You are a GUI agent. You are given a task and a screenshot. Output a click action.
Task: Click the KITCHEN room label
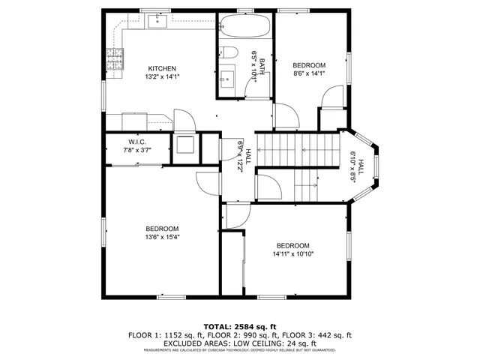pyautogui.click(x=161, y=68)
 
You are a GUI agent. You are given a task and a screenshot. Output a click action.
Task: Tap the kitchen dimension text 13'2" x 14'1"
pyautogui.click(x=161, y=76)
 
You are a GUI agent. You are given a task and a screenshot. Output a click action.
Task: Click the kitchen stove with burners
pyautogui.click(x=115, y=58)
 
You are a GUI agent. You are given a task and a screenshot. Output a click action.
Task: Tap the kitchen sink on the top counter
pyautogui.click(x=157, y=20)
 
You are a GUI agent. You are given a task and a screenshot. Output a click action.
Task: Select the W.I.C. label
pyautogui.click(x=136, y=142)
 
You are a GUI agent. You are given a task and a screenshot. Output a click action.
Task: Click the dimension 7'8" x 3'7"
pyautogui.click(x=136, y=150)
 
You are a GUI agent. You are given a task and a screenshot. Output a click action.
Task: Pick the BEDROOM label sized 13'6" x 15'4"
pyautogui.click(x=162, y=229)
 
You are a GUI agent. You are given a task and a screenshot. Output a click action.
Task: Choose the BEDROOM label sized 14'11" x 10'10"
pyautogui.click(x=292, y=245)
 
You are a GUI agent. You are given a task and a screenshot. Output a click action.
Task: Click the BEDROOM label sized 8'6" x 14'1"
pyautogui.click(x=309, y=65)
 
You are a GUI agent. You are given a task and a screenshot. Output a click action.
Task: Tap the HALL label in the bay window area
pyautogui.click(x=361, y=166)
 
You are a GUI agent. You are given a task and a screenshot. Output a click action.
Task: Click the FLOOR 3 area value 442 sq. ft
pyautogui.click(x=333, y=334)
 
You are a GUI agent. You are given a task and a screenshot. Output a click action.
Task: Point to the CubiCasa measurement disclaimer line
pyautogui.click(x=240, y=349)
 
